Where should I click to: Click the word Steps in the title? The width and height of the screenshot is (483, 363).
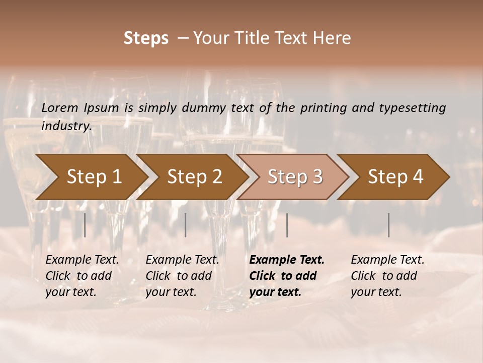click(146, 38)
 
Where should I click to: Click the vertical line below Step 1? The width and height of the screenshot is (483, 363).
click(85, 225)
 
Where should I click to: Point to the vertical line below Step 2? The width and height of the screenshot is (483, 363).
click(186, 225)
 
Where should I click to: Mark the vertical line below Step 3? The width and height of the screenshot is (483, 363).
click(287, 225)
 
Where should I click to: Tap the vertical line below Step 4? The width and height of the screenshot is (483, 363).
click(389, 225)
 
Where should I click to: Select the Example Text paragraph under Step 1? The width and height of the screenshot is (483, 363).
click(82, 276)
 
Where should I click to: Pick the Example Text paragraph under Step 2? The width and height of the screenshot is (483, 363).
click(182, 276)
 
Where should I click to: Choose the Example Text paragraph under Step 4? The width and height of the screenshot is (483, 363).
click(387, 276)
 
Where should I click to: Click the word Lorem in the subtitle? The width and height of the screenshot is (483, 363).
click(60, 107)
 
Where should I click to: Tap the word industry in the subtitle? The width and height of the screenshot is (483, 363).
click(66, 126)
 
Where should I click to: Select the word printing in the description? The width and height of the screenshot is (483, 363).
click(320, 107)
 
